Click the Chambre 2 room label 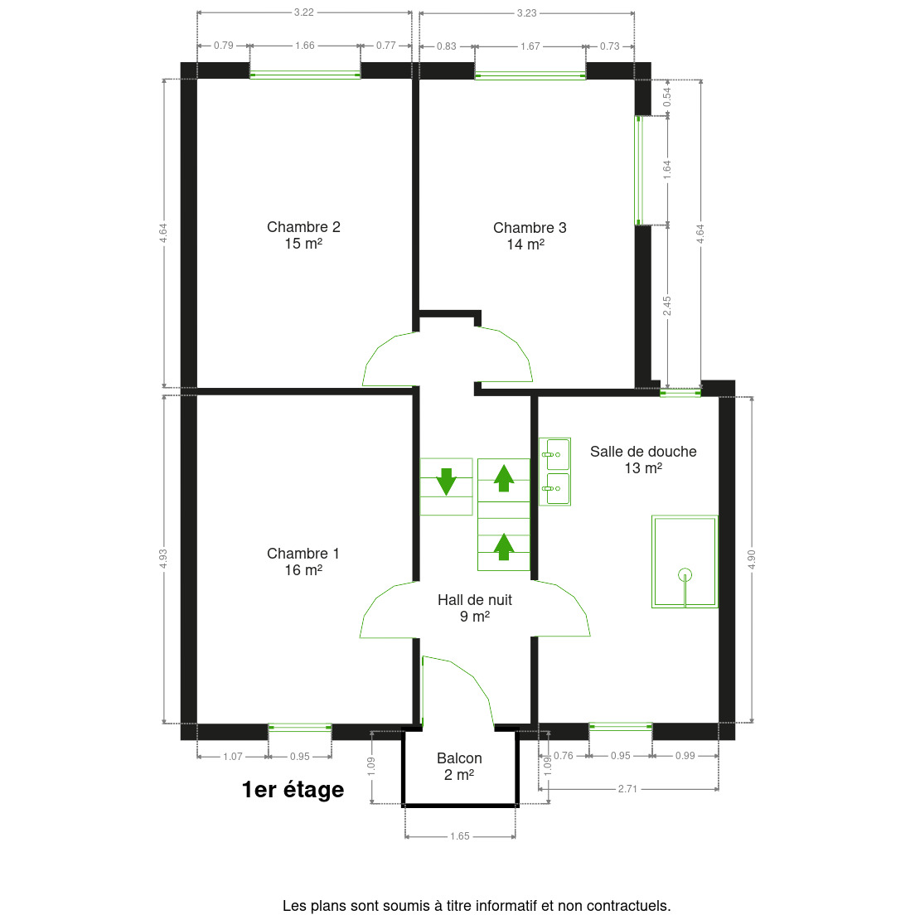pyautogui.click(x=303, y=227)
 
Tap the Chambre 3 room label pyautogui.click(x=530, y=228)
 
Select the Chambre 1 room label pyautogui.click(x=303, y=554)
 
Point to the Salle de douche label pyautogui.click(x=643, y=452)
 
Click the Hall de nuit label pyautogui.click(x=475, y=600)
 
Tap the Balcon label pyautogui.click(x=459, y=758)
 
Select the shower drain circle pyautogui.click(x=685, y=574)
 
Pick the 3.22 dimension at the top pyautogui.click(x=304, y=12)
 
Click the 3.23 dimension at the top pyautogui.click(x=526, y=12)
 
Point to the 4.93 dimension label pyautogui.click(x=163, y=559)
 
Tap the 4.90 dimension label pyautogui.click(x=752, y=559)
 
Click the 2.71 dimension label pyautogui.click(x=627, y=789)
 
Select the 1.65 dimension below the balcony pyautogui.click(x=460, y=836)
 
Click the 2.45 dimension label pyautogui.click(x=667, y=305)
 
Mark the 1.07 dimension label pyautogui.click(x=233, y=756)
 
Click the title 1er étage pyautogui.click(x=293, y=790)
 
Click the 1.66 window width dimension pyautogui.click(x=304, y=46)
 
